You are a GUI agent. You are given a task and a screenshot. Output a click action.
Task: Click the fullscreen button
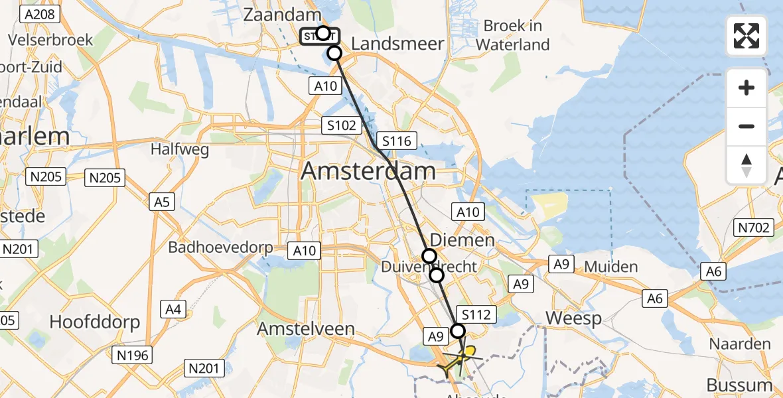[747, 36]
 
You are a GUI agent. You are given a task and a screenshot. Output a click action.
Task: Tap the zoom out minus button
[747, 126]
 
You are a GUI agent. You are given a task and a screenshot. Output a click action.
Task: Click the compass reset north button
[747, 165]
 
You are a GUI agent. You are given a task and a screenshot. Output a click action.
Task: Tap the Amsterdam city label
[369, 171]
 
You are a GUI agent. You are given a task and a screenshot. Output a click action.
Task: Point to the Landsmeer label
[397, 44]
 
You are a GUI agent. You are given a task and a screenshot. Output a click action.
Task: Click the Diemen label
[462, 239]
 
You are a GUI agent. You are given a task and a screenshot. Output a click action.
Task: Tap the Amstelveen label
[306, 329]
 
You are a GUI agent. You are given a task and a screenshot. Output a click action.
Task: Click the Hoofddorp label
[96, 322]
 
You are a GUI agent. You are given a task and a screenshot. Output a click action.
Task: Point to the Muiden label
[610, 267]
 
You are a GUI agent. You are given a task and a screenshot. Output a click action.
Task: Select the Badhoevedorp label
[220, 247]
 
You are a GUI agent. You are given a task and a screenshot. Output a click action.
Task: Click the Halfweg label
[180, 149]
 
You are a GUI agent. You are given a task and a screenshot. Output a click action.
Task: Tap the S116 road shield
[396, 141]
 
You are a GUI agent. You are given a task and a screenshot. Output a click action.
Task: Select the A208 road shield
[40, 14]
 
